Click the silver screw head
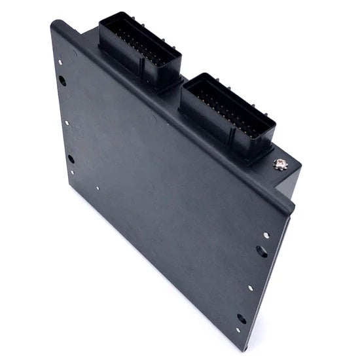[x=280, y=164]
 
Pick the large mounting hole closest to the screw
[x=262, y=251]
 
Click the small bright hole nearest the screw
[x=266, y=235]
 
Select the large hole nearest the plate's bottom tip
[x=242, y=319]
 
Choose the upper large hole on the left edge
[x=62, y=81]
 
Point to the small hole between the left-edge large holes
[x=67, y=122]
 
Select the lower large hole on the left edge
[x=71, y=158]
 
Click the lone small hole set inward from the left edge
[x=98, y=189]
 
